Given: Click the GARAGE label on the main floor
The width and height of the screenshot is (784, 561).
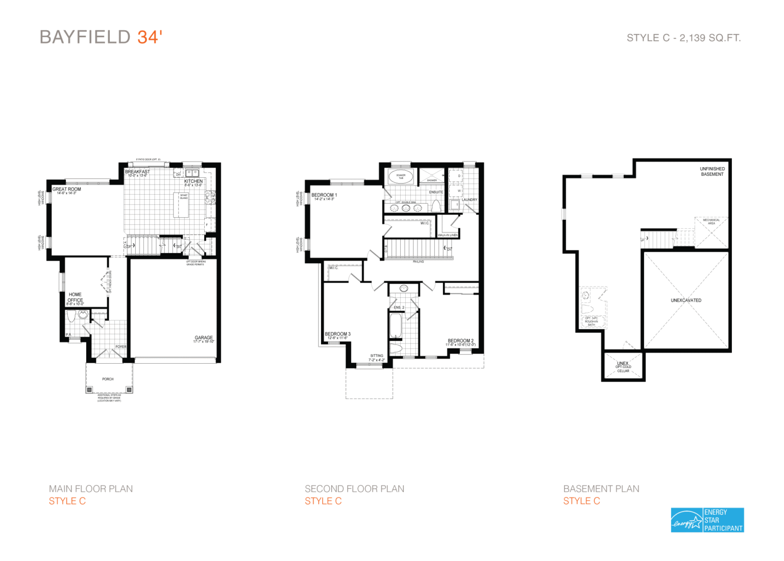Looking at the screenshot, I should coord(204,338).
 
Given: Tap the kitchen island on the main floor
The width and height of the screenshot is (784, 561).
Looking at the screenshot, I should coord(181,205).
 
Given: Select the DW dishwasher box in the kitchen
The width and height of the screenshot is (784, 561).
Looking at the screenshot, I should coord(178,175).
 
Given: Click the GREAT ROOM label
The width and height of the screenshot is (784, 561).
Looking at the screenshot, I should coord(67,189).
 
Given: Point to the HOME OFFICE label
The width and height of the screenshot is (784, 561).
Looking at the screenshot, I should coord(75,297).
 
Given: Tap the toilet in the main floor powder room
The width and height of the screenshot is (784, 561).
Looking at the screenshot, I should coord(71,316).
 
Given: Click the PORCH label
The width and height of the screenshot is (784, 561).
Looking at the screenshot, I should coord(108,379).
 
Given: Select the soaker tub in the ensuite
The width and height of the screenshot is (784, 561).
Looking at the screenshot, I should coord(401,177).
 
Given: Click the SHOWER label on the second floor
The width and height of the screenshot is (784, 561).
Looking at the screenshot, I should coord(432,180).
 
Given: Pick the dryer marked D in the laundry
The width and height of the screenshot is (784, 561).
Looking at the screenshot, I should coord(459,176).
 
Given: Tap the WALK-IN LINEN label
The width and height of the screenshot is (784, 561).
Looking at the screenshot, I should coord(448,235).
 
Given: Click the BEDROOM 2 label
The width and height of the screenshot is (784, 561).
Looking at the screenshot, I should coord(460,341).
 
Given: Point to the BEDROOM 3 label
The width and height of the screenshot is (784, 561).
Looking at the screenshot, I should coord(337,334).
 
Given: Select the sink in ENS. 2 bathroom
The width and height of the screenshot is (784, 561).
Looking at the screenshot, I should coord(404,289).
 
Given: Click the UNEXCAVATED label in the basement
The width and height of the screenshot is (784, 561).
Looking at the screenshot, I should coord(686,300).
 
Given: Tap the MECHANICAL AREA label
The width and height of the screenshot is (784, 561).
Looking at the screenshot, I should coord(711,222).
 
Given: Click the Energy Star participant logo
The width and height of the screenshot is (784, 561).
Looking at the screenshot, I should coord(707,520).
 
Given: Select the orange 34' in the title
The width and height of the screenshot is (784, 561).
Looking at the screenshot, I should coord(150,37).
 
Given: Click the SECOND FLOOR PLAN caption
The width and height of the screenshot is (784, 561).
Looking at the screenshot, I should coord(354,489).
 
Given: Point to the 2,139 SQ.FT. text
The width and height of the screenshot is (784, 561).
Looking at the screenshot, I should coord(710,38).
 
